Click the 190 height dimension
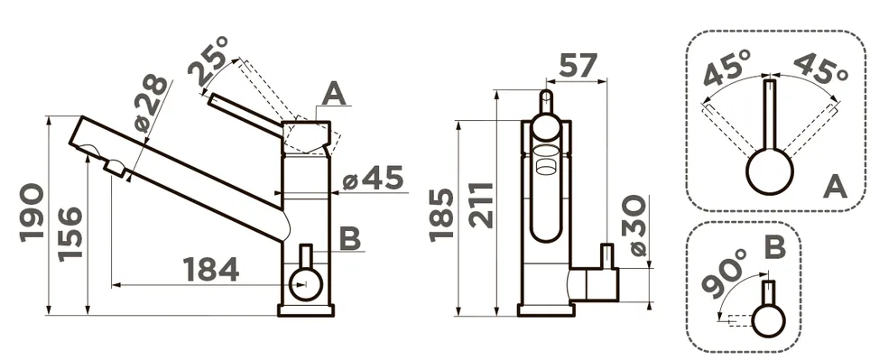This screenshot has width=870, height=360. (x=32, y=213)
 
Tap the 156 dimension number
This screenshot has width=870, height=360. (x=70, y=233)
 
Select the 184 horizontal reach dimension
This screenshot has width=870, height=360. (x=211, y=269)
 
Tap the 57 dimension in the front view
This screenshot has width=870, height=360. (x=578, y=66)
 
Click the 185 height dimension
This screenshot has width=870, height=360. (x=442, y=215)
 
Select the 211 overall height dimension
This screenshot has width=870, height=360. (x=481, y=205)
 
